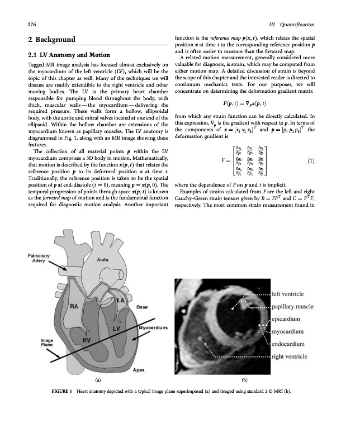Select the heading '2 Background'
(51, 40)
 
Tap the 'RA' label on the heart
(74, 306)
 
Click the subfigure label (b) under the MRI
(244, 380)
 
